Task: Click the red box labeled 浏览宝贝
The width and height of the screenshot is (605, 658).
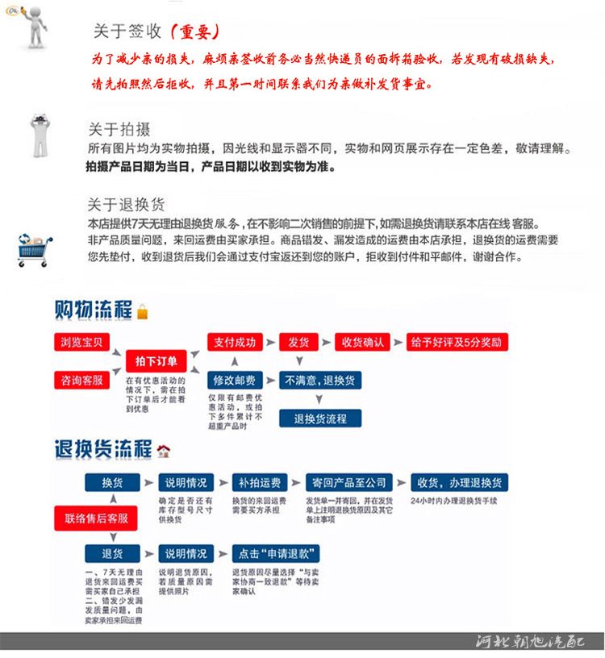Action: click(x=81, y=342)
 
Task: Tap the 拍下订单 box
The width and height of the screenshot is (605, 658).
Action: click(x=156, y=360)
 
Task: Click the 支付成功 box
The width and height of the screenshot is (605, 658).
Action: click(x=235, y=342)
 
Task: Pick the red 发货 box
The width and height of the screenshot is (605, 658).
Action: click(x=298, y=342)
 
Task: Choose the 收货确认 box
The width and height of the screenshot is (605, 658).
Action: click(x=362, y=342)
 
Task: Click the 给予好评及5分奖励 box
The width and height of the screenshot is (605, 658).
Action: click(x=458, y=342)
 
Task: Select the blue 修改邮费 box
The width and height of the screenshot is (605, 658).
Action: click(x=235, y=380)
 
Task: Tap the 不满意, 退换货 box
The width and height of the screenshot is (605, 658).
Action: click(x=320, y=380)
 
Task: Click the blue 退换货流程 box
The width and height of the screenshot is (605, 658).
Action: click(x=320, y=419)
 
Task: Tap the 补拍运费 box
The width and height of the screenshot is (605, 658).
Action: click(x=259, y=483)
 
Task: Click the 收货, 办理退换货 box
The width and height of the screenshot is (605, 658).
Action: click(x=459, y=483)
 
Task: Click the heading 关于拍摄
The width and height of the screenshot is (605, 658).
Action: click(x=119, y=130)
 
